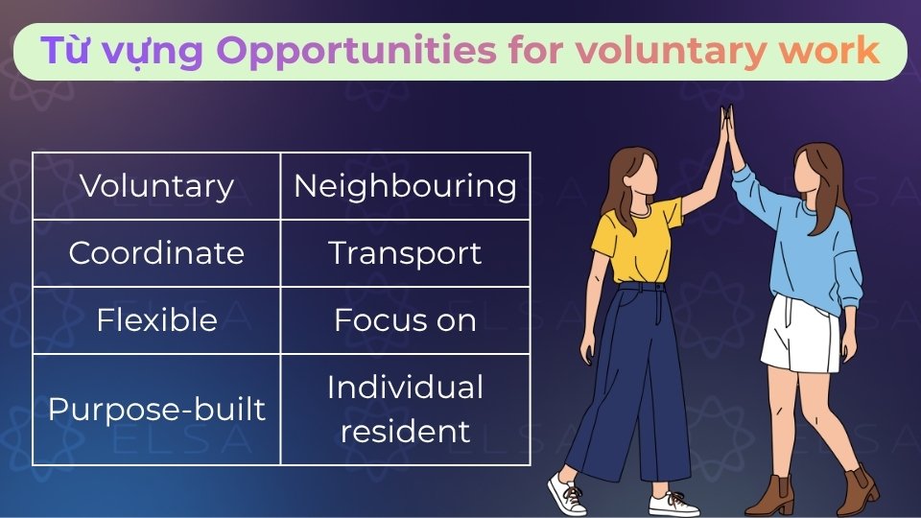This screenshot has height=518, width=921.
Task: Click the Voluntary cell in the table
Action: pos(156,186)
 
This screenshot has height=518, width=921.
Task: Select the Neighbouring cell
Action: pos(405,186)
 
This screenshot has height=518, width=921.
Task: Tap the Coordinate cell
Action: pos(156,253)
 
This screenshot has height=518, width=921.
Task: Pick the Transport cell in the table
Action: pos(405,253)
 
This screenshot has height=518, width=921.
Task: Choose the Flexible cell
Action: pos(156,320)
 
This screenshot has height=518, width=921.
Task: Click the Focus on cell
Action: pos(405,320)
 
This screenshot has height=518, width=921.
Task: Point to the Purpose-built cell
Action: pos(156,410)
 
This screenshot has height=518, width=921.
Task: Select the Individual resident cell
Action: pos(405,410)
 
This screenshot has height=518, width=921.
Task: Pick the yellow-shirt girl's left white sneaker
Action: pos(566,493)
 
